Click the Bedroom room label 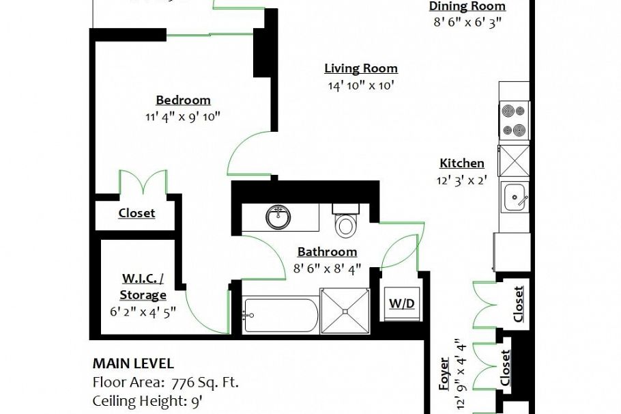(x=183, y=100)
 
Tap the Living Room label (x=360, y=68)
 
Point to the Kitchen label (x=461, y=163)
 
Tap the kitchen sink (x=515, y=198)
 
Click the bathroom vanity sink (x=278, y=217)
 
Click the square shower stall (x=345, y=311)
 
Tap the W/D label (x=402, y=303)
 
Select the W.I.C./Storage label (x=143, y=287)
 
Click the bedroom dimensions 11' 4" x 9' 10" (x=183, y=116)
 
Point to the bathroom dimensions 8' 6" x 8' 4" (x=327, y=268)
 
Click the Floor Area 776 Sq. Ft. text (x=165, y=382)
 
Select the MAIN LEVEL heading (x=132, y=364)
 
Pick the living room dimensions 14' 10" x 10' (x=360, y=85)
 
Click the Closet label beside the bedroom (x=136, y=213)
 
